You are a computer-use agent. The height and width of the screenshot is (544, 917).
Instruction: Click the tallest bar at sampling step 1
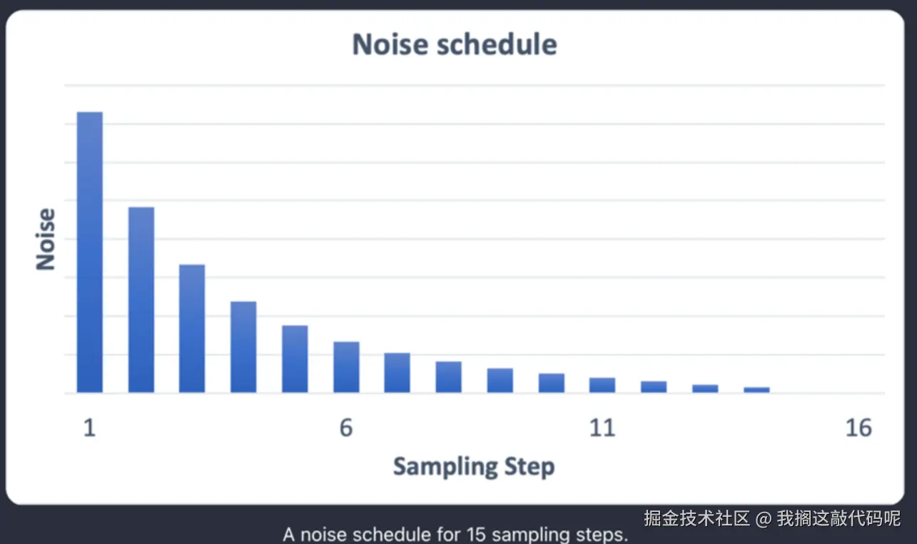(90, 252)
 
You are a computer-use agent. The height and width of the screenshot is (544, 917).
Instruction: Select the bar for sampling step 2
(141, 300)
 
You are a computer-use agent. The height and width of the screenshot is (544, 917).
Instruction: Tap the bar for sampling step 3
(192, 329)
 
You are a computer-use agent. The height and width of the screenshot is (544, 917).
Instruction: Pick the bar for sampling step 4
(243, 347)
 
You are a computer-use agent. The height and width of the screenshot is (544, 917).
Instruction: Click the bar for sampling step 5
(295, 359)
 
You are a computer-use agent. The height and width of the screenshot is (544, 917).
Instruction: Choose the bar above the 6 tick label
(346, 367)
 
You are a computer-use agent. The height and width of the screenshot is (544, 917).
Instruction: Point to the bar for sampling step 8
(449, 376)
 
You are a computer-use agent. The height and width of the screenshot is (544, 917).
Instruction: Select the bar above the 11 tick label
(602, 385)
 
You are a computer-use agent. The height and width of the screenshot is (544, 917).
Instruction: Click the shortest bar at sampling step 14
(756, 390)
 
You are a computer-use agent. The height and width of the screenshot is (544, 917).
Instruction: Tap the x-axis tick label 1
(90, 428)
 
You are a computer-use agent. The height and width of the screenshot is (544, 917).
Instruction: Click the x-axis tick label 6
(346, 428)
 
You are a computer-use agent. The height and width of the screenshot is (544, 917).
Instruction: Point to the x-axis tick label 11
(602, 428)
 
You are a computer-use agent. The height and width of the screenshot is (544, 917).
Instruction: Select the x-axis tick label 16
(858, 428)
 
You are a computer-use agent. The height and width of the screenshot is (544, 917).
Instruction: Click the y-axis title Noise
(46, 240)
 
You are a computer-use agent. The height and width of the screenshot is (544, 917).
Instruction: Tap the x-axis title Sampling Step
(474, 467)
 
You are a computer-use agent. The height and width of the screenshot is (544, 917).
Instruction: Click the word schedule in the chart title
(497, 44)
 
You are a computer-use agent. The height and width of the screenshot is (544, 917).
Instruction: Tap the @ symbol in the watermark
(764, 519)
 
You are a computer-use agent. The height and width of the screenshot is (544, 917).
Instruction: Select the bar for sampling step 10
(552, 383)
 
